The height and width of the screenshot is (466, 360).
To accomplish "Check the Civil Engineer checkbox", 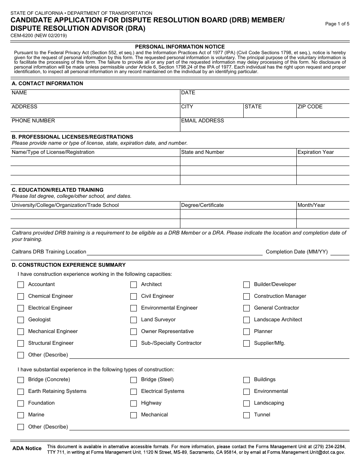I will coord(133,296).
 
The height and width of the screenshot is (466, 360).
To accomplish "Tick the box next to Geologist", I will coord(20,320).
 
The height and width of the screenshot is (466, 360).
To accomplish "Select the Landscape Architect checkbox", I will coord(246,320).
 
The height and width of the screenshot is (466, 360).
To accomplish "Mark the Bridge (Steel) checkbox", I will coord(133,380).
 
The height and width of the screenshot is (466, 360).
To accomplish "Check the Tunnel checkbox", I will coord(246,415).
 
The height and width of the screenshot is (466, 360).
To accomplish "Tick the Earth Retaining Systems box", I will coord(20,391).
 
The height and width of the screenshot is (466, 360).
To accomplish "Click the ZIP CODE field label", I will coord(310,106).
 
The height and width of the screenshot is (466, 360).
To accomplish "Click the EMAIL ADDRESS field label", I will coord(202,120).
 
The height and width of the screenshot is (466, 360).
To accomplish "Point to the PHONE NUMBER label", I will coord(33,120).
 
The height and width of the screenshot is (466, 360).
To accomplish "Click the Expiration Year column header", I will coord(316,152).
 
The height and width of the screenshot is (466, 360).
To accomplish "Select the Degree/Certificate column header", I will coord(202,205).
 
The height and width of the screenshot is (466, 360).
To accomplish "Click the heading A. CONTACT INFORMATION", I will coord(47,83).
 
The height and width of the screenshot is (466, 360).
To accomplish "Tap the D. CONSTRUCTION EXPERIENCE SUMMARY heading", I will coord(69,265).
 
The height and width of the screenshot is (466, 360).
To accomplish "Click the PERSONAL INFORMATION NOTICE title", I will coord(180,47).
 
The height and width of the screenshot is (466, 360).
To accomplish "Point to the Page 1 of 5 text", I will coord(337,24).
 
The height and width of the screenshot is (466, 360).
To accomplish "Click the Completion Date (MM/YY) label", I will coord(297,252).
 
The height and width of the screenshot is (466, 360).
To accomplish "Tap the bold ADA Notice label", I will coord(27,448).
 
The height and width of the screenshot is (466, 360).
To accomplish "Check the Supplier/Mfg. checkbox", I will coord(246,343).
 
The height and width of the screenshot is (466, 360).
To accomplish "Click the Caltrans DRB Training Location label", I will coord(49,252).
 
